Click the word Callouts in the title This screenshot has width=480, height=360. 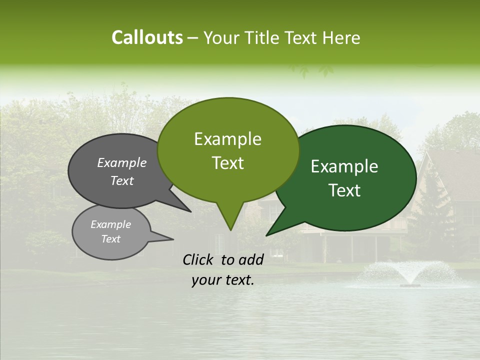point(147,37)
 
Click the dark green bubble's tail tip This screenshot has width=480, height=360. point(267,234)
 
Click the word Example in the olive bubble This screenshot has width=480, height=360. point(227,139)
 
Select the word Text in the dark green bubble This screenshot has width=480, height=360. point(344,190)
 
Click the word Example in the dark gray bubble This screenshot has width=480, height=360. point(122,163)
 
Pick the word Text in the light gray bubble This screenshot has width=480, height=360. point(111,239)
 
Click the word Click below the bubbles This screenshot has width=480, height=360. point(198,260)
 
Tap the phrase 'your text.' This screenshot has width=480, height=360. point(223,280)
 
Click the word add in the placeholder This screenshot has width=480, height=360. point(250,260)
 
